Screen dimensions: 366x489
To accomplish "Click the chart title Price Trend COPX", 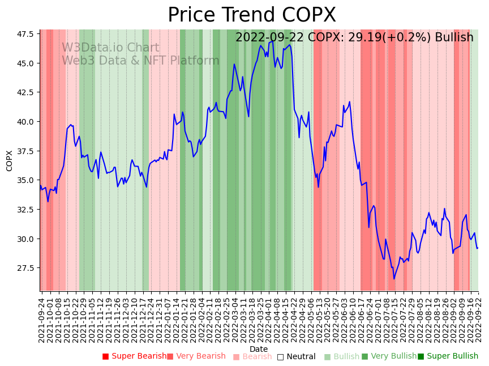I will point(252,15).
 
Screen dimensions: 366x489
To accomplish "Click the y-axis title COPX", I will point(10,160).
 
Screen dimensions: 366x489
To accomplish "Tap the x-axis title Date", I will point(259,349).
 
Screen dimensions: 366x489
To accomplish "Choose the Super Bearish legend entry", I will point(134,356).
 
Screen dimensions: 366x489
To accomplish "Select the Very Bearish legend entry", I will point(196,356).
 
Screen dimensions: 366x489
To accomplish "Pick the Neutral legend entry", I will point(296,356).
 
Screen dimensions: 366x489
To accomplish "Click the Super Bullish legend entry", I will point(448,356).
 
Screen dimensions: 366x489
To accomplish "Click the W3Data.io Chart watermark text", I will point(110,48).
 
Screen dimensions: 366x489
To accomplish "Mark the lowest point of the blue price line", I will point(394,279).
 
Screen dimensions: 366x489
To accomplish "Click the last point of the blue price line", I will point(478,248).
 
